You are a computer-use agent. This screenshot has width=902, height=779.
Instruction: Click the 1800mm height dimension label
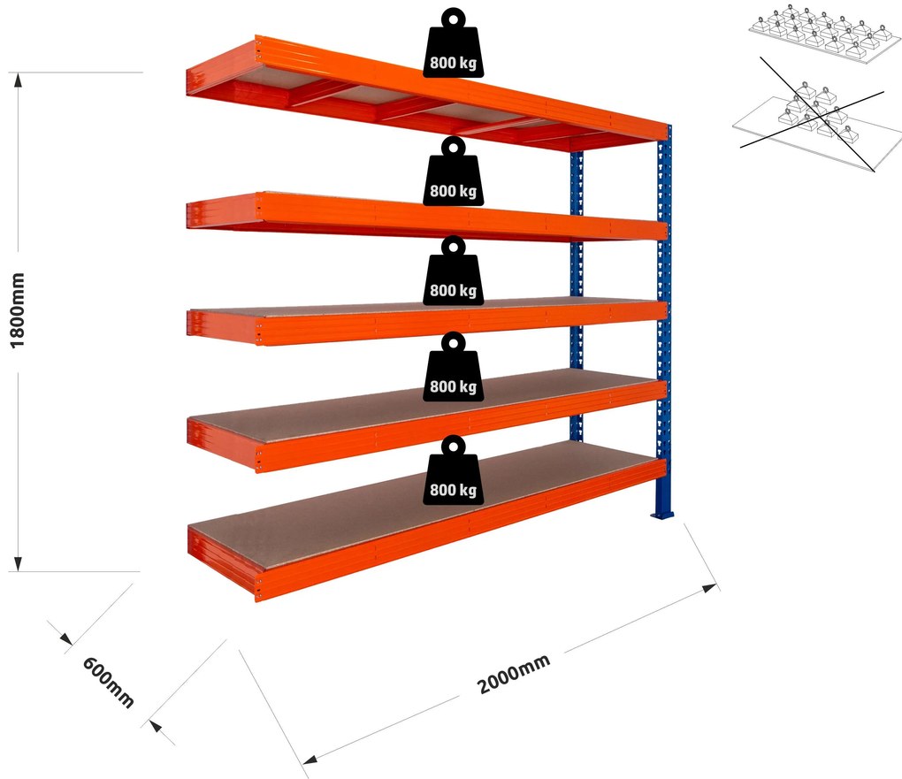pyautogui.click(x=18, y=309)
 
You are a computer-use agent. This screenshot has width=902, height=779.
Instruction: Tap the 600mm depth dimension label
pyautogui.click(x=108, y=682)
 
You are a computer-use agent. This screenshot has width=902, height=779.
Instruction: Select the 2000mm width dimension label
pyautogui.click(x=513, y=675)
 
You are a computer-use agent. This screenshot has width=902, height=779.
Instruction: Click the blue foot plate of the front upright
pyautogui.click(x=663, y=513)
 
